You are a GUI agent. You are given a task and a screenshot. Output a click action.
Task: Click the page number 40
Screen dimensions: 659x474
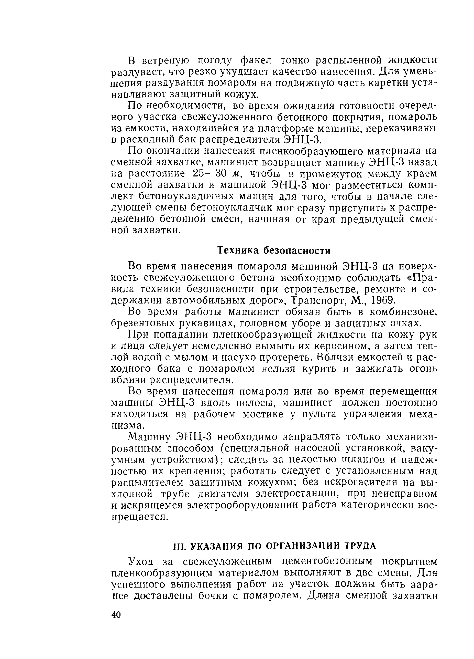[116, 615]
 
